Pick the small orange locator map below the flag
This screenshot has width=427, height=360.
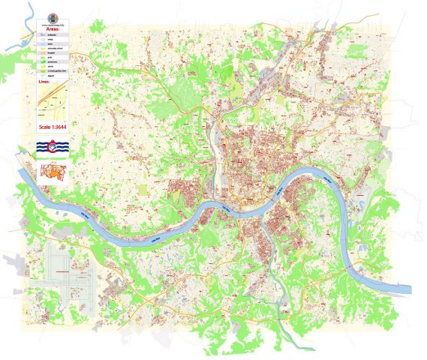51,172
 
